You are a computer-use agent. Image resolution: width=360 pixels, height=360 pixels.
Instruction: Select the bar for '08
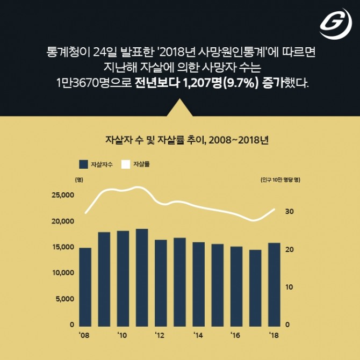[x=85, y=286]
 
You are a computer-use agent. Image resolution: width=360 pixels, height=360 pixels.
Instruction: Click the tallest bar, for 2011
[x=142, y=277]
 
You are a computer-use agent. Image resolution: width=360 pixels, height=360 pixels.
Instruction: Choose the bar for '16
[x=236, y=286]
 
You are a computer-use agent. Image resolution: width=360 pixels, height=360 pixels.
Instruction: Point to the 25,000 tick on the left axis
[x=63, y=195]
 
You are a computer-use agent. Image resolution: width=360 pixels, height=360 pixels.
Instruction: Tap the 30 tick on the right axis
[x=289, y=212]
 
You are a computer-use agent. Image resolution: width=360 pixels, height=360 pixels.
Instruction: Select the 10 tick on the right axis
[x=289, y=287]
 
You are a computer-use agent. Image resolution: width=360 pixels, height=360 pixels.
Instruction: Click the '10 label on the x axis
[x=122, y=335]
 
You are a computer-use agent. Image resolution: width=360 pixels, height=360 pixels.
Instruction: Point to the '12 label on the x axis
[x=160, y=335]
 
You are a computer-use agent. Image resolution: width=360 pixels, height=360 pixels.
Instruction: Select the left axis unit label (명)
[x=79, y=179]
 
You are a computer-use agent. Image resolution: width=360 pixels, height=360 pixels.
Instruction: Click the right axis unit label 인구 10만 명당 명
[x=279, y=179]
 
